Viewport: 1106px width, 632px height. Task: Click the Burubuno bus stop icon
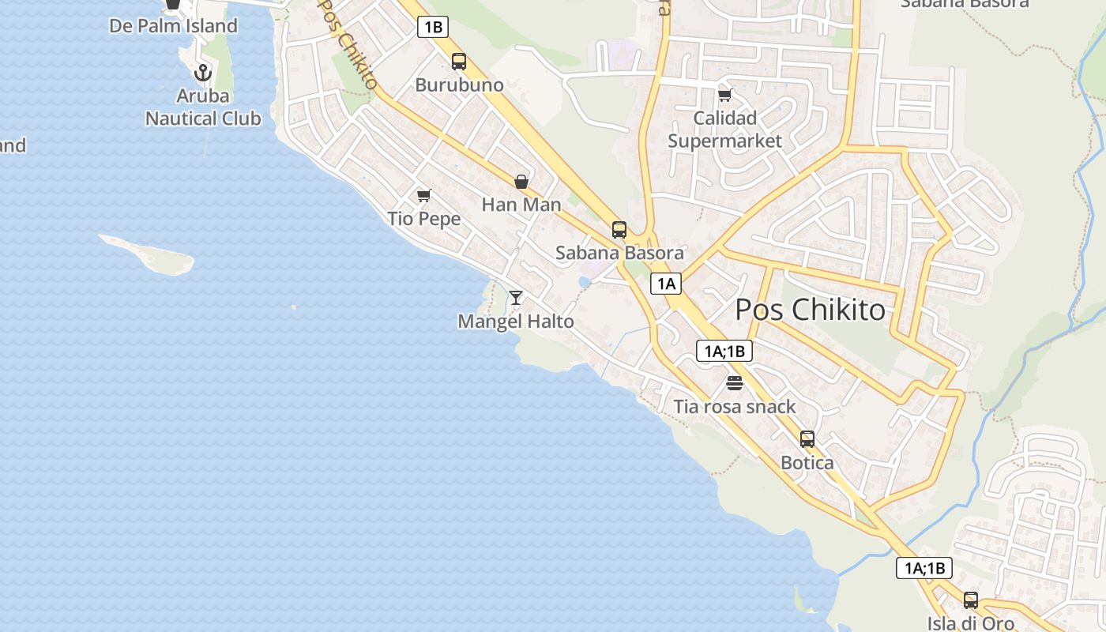point(459,62)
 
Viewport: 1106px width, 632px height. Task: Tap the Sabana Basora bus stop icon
point(619,230)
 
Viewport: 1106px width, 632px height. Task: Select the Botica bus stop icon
point(807,439)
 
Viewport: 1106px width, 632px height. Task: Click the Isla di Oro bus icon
point(971,600)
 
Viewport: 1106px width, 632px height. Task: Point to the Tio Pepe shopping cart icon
point(424,195)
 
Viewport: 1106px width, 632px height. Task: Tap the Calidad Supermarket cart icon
point(724,95)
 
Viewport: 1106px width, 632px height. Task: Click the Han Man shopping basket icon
point(521,182)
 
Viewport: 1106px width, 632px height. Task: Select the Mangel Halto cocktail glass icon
point(516,298)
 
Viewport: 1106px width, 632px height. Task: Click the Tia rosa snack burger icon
point(735,384)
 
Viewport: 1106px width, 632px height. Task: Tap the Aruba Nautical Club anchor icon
point(203,73)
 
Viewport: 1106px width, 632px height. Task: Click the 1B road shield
point(433,27)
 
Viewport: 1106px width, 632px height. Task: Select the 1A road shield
point(666,284)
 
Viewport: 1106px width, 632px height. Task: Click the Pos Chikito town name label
point(811,310)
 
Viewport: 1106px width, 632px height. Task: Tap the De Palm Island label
point(173,26)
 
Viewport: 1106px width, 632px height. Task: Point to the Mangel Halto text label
point(516,322)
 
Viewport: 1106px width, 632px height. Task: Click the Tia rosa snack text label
point(735,407)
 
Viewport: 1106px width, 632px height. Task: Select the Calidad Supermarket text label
point(724,130)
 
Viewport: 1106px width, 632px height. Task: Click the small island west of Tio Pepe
point(150,254)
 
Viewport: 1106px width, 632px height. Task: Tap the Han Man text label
point(521,205)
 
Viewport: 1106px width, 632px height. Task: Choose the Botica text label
point(807,463)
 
